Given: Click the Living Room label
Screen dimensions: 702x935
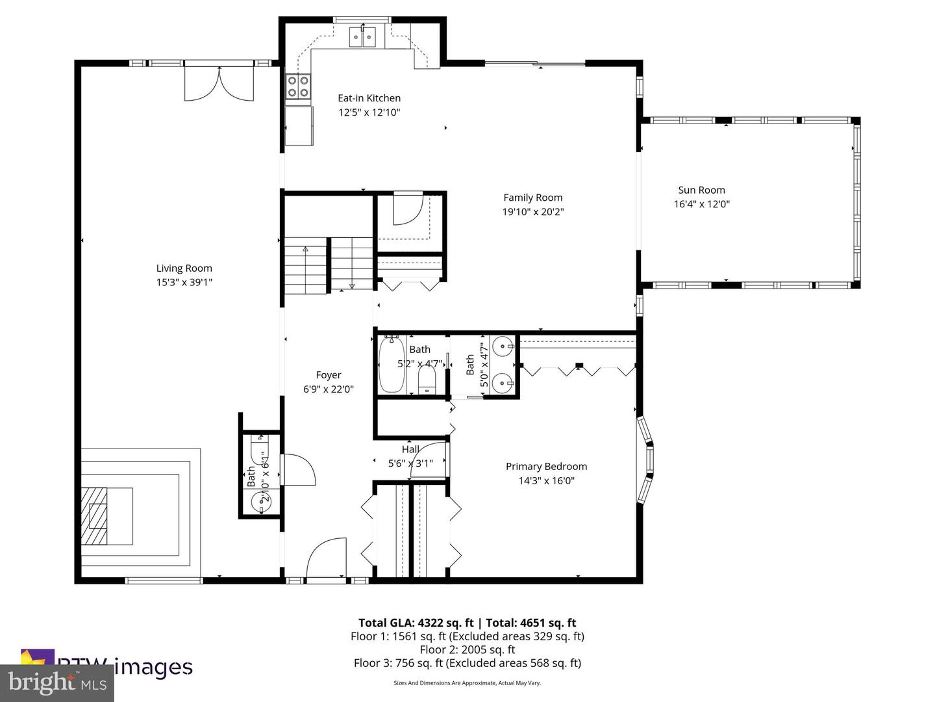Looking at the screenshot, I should click(184, 268).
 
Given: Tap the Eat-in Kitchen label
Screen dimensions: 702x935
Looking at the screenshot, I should click(369, 98).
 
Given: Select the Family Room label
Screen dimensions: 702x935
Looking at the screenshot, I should click(532, 198).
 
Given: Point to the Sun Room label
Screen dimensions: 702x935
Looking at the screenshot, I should click(701, 190).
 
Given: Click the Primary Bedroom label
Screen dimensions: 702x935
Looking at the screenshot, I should click(546, 466).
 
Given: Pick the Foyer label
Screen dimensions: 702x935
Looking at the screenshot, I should click(328, 375).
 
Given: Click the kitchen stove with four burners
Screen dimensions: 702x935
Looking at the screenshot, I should click(298, 87).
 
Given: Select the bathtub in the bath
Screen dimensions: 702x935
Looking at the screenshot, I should click(392, 365).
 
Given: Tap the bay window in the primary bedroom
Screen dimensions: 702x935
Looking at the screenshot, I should click(645, 460).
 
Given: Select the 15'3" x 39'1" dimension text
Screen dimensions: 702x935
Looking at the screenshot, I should click(184, 282).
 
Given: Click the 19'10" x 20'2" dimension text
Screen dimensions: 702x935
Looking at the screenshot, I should click(532, 212).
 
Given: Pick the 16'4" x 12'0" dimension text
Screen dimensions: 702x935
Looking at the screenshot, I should click(701, 204).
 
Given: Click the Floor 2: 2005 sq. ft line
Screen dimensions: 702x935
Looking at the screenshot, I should click(467, 649).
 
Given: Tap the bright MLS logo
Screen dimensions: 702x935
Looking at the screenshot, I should click(57, 682).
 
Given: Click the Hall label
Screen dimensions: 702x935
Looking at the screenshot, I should click(410, 449).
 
